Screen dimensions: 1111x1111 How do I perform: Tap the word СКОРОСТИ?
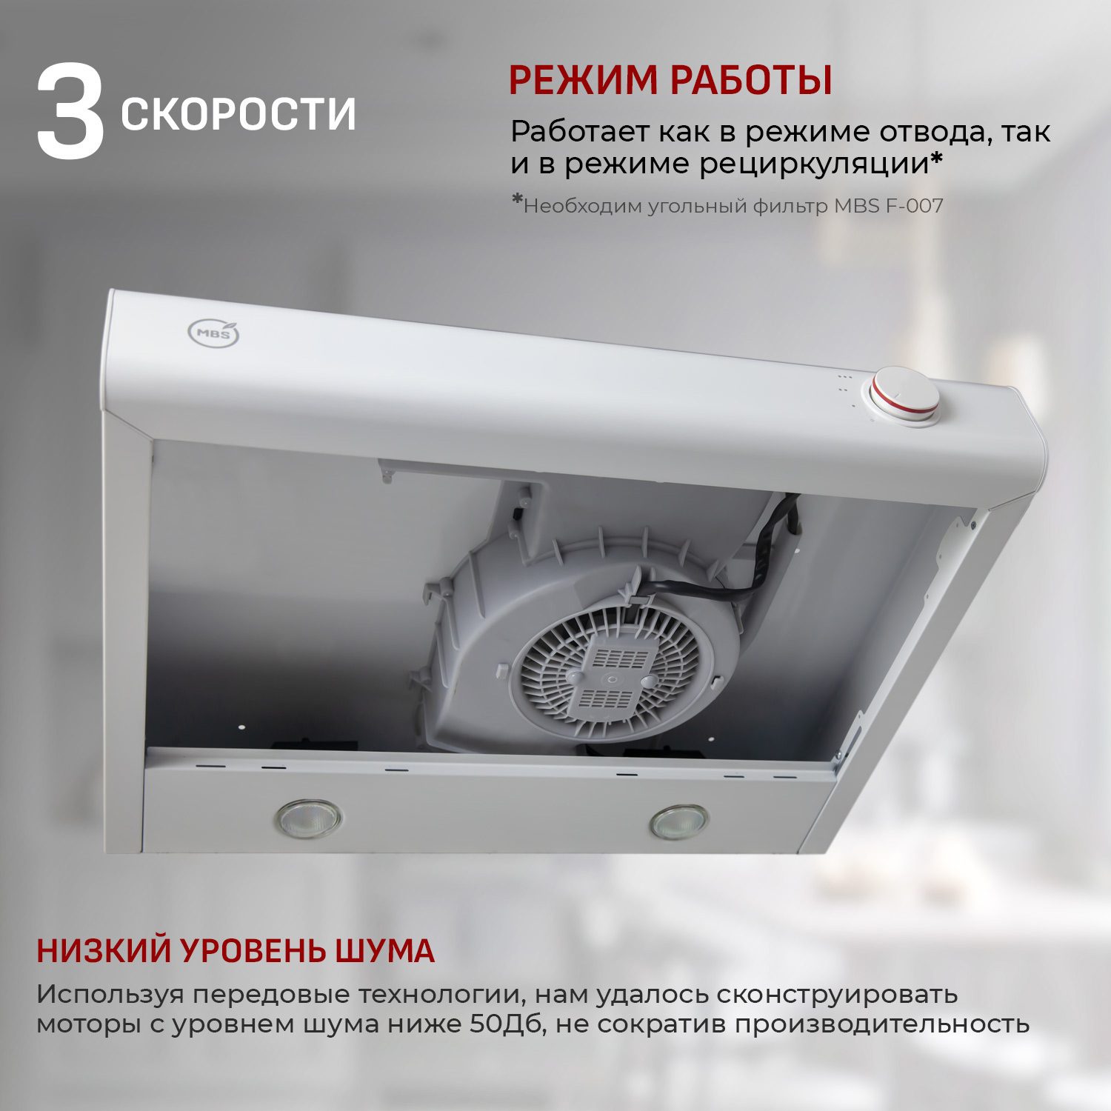[x=238, y=114]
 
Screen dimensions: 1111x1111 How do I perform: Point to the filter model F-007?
[x=914, y=206]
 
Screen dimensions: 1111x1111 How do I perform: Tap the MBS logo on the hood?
[x=214, y=333]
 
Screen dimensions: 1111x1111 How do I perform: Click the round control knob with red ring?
[x=904, y=396]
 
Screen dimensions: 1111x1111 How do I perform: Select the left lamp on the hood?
[x=307, y=818]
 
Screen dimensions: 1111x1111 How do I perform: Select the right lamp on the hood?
[x=678, y=822]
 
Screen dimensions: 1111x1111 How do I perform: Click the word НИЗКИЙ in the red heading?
[x=104, y=951]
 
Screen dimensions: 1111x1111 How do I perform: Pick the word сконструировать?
[x=837, y=994]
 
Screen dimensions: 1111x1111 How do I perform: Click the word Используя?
[x=110, y=994]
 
